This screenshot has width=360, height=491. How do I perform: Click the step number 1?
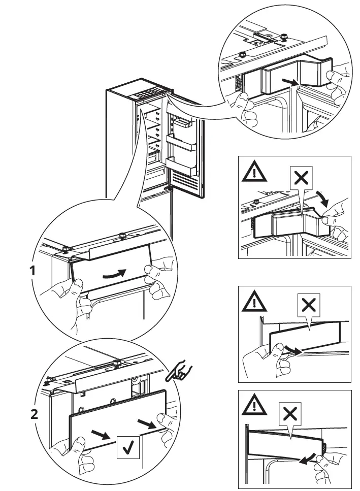click(33, 271)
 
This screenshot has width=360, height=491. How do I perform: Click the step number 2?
click(34, 414)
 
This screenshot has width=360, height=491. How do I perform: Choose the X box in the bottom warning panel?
click(290, 414)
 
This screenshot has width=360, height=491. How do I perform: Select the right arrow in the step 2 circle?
click(147, 422)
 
